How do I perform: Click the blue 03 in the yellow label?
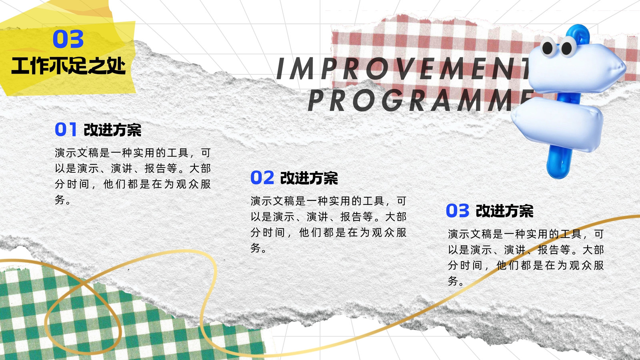coord(68,39)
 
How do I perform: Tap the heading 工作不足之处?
coord(68,66)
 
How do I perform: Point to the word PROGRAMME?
coord(420,100)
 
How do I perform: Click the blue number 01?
coord(66,129)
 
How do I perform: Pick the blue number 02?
coord(262,178)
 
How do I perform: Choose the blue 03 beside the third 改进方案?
coord(458,210)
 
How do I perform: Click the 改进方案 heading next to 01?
coord(112,130)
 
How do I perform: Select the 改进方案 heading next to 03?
coord(504,211)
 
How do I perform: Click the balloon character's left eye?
coord(548,48)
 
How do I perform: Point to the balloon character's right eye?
coord(568,47)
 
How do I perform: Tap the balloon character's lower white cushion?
coord(557,123)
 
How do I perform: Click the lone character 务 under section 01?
coord(60,200)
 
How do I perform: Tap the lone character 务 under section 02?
coord(255,248)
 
